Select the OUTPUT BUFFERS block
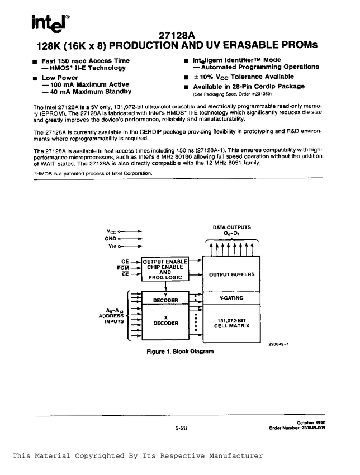coord(231,274)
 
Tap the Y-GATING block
coord(231,299)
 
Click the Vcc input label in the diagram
coord(111,230)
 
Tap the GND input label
coord(111,238)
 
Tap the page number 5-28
coord(180,428)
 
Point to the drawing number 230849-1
coord(278,345)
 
